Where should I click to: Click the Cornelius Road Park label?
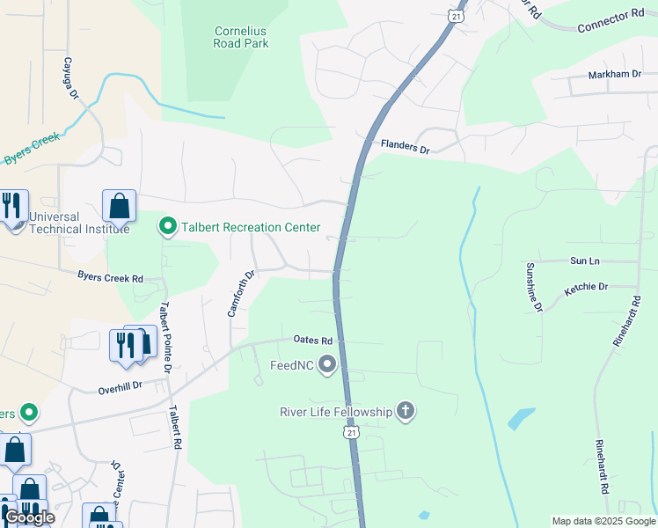pyautogui.click(x=240, y=36)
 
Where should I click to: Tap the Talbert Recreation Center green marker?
pyautogui.click(x=168, y=227)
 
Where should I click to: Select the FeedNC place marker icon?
pyautogui.click(x=328, y=363)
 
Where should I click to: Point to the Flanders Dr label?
pyautogui.click(x=405, y=147)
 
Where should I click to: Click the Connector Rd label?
pyautogui.click(x=610, y=22)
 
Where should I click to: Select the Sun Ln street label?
pyautogui.click(x=584, y=261)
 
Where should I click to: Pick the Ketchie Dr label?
pyautogui.click(x=586, y=287)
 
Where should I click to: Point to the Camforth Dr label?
pyautogui.click(x=240, y=293)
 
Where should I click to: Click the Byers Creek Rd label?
pyautogui.click(x=110, y=278)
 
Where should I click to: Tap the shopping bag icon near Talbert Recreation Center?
pyautogui.click(x=119, y=206)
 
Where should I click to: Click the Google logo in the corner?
pyautogui.click(x=30, y=517)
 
